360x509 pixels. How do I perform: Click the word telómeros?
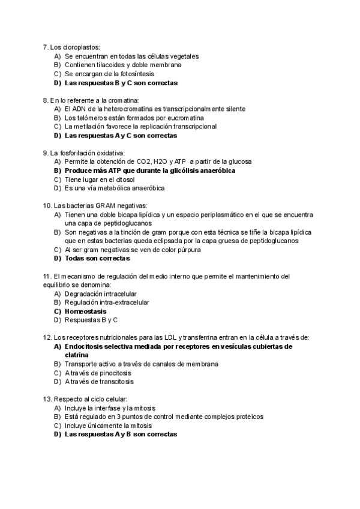click(91, 118)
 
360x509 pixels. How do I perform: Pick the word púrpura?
click(187, 249)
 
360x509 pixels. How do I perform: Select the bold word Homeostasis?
click(85, 312)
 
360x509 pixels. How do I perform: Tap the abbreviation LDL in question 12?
click(170, 337)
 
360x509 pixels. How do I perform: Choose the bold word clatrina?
click(76, 355)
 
